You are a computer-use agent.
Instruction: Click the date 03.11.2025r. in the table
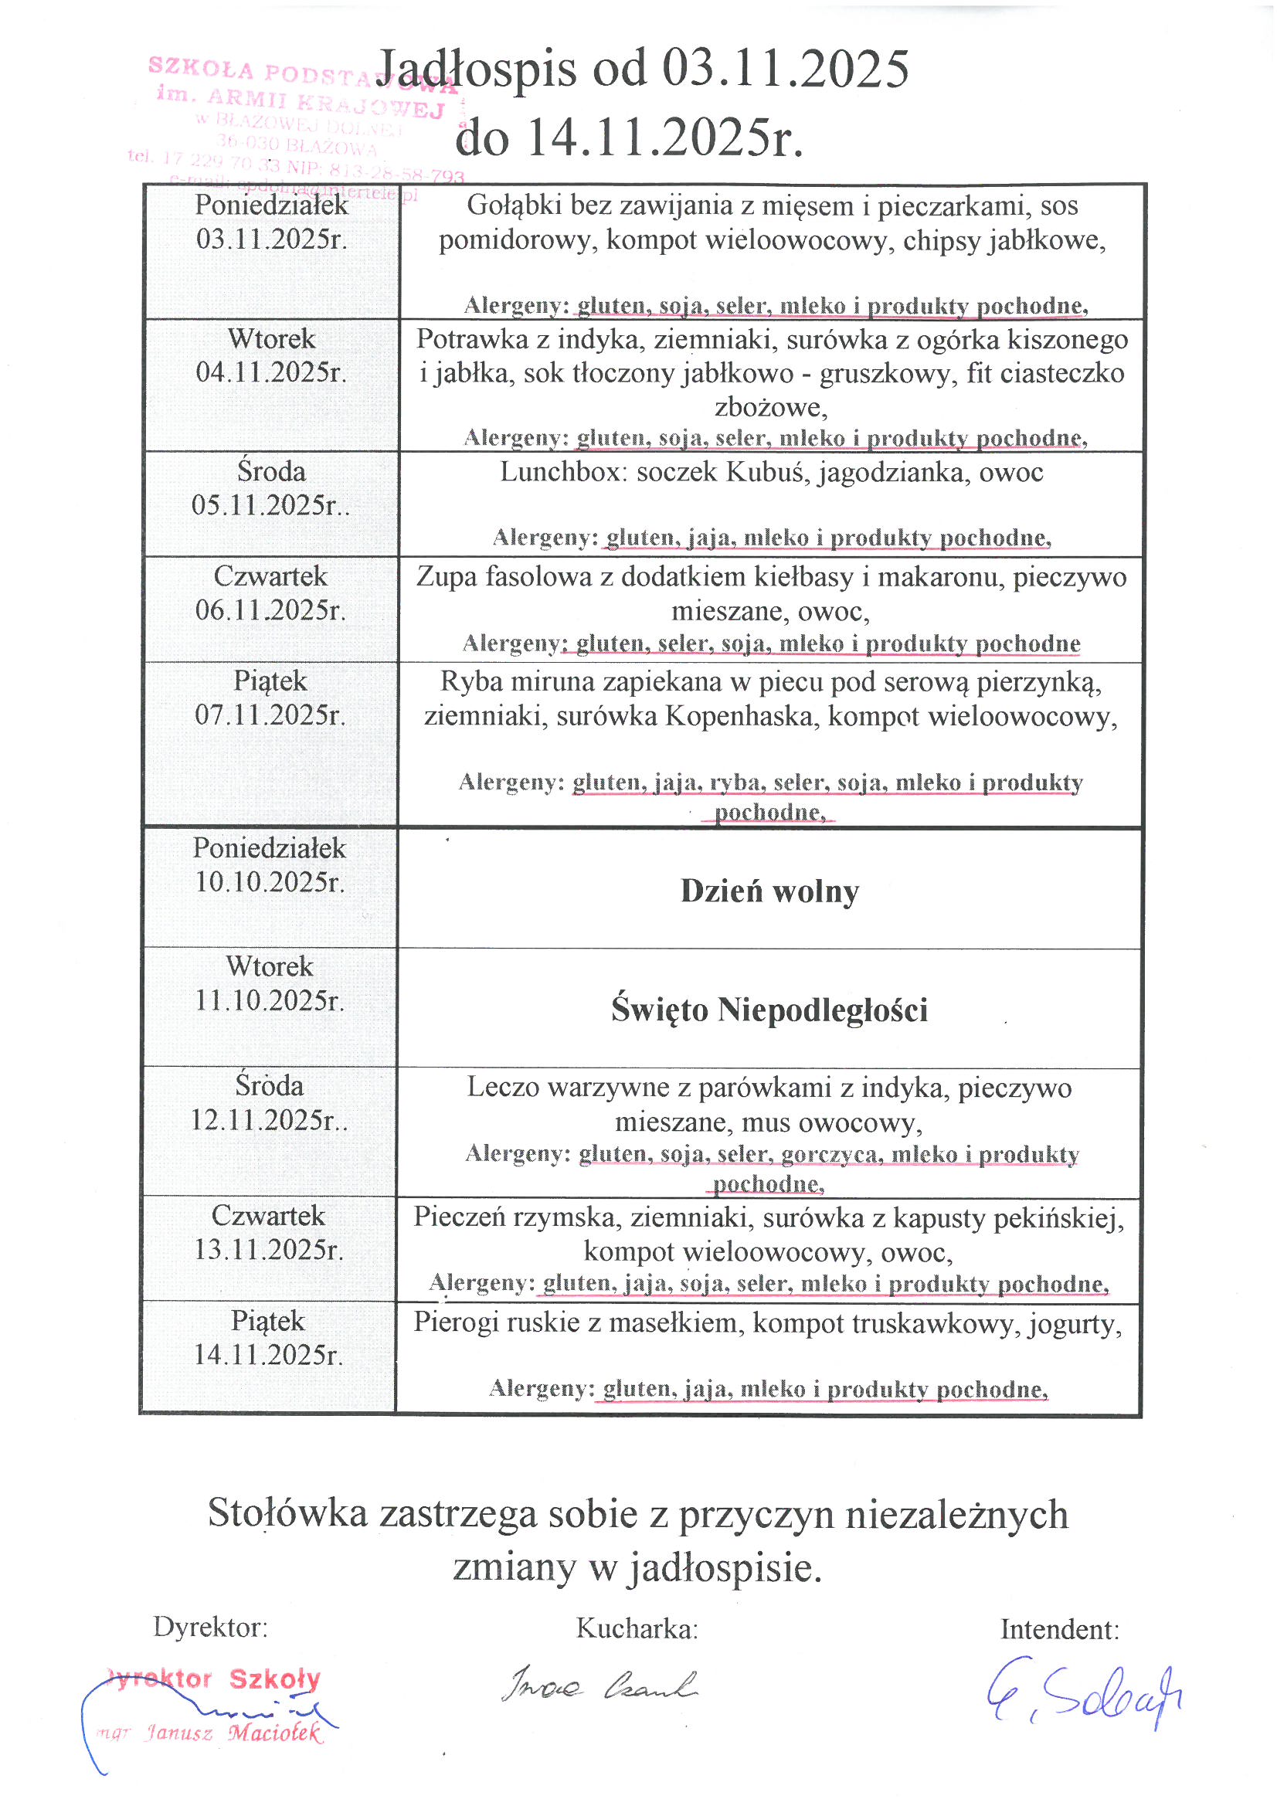(x=271, y=239)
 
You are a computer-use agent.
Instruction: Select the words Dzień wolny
(x=769, y=891)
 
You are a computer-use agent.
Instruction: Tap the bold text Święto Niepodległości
(x=769, y=1010)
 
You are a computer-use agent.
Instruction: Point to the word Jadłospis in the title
(x=476, y=70)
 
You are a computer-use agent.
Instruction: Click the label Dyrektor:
(x=210, y=1627)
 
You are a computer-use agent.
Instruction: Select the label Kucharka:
(x=637, y=1628)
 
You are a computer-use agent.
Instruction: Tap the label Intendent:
(x=1059, y=1629)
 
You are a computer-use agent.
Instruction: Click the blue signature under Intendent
(x=1083, y=1699)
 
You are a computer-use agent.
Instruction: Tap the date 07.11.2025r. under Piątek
(x=270, y=715)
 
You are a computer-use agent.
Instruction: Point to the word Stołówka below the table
(x=287, y=1512)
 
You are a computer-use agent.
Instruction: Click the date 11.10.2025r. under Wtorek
(x=269, y=1000)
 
